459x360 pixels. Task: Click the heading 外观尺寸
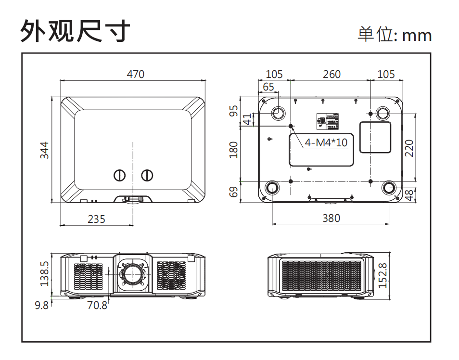coord(75,32)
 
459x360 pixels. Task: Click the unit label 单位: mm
coord(395,35)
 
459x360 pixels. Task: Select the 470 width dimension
coord(135,74)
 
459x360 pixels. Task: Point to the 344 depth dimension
coord(44,150)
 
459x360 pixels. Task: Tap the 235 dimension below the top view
coord(96,219)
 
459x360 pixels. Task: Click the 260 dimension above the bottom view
coord(331,74)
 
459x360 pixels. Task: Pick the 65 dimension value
coord(268,87)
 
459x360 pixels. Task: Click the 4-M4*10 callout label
coord(326,142)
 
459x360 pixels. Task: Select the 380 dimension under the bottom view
coord(331,218)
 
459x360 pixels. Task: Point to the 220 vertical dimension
coord(409,148)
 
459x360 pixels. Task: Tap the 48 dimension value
coord(409,195)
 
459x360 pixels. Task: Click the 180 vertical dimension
coord(234,149)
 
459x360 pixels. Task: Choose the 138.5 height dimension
coord(44,273)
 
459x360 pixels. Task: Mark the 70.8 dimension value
coord(97,305)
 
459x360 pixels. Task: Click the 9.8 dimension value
coord(42,305)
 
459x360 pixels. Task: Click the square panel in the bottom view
coord(375,137)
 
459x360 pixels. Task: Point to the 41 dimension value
coord(248,119)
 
